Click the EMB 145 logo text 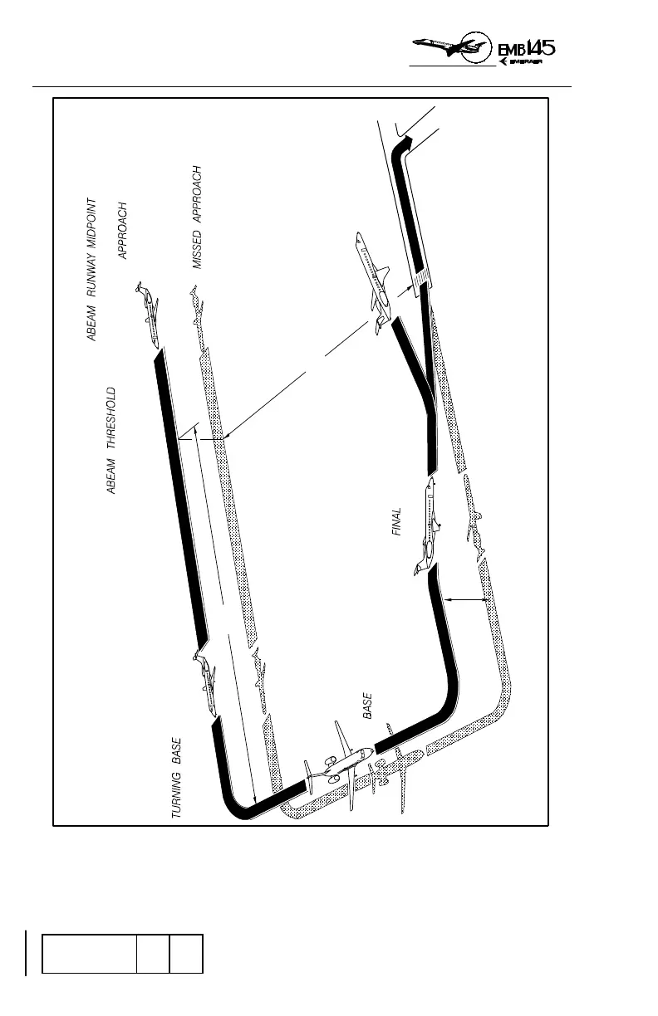(527, 47)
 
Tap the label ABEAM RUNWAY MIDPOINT (93, 270)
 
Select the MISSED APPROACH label (198, 217)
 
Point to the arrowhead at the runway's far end (406, 144)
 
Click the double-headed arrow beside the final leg (465, 598)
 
